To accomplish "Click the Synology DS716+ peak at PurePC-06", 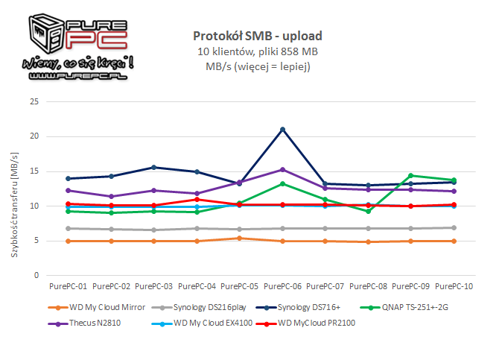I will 282,130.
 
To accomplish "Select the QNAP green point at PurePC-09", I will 410,176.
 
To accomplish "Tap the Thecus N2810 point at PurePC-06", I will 282,170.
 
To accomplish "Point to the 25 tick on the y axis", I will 33,102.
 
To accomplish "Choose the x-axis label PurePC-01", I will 69,286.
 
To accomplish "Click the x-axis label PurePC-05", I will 240,286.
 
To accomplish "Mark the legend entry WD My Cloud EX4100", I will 197,323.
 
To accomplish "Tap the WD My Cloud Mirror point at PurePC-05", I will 240,239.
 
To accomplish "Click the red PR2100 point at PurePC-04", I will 197,200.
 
